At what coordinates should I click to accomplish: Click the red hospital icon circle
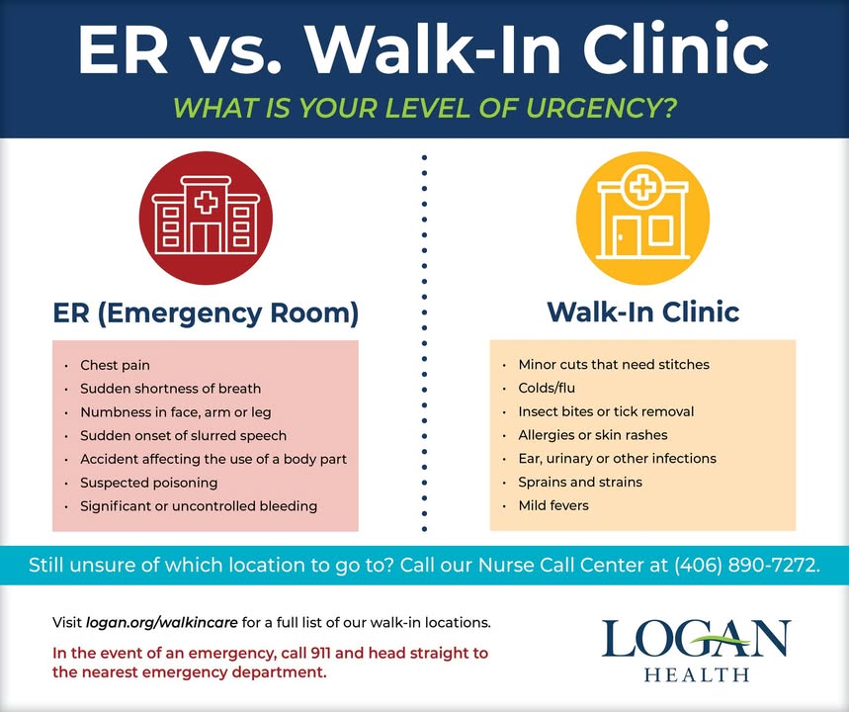(x=206, y=218)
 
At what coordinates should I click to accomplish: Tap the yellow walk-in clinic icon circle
(x=642, y=218)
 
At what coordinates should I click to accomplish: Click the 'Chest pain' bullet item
(x=115, y=365)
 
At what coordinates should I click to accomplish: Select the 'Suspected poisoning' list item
(x=149, y=483)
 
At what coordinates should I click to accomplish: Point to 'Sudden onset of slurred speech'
(x=183, y=436)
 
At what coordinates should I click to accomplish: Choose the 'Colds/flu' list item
(x=547, y=388)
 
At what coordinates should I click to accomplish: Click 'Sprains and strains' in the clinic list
(x=580, y=482)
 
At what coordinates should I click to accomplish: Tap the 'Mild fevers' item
(x=553, y=505)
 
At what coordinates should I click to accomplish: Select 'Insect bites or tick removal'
(x=606, y=411)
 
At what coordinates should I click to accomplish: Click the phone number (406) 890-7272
(x=746, y=565)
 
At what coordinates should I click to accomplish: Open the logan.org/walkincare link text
(x=161, y=623)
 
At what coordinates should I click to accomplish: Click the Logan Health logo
(x=697, y=650)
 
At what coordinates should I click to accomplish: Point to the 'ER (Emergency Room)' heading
(x=206, y=313)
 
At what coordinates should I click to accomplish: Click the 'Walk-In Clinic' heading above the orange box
(x=642, y=311)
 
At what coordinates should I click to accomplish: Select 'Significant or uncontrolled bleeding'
(x=199, y=506)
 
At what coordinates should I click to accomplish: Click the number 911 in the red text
(x=321, y=653)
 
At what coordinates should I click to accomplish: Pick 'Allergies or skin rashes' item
(x=593, y=434)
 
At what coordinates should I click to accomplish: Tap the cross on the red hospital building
(x=206, y=203)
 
